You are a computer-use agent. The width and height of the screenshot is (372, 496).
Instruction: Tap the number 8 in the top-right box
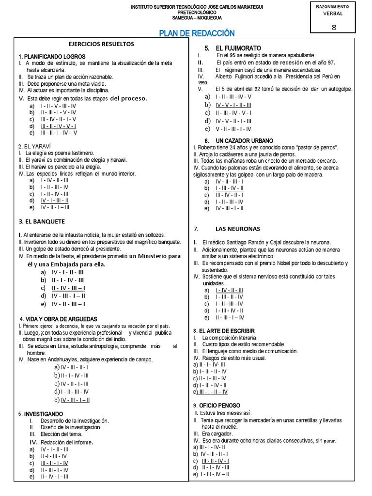[x=333, y=27]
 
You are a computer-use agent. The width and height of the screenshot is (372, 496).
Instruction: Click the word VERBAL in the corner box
[x=333, y=14]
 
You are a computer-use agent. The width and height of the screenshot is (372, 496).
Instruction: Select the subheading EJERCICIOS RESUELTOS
[x=101, y=44]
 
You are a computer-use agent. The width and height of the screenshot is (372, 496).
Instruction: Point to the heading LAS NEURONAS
[x=237, y=229]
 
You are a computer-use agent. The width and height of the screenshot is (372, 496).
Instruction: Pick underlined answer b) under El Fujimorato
[x=233, y=105]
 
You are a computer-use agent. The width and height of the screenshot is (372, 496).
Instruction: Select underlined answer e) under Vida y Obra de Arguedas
[x=75, y=400]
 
